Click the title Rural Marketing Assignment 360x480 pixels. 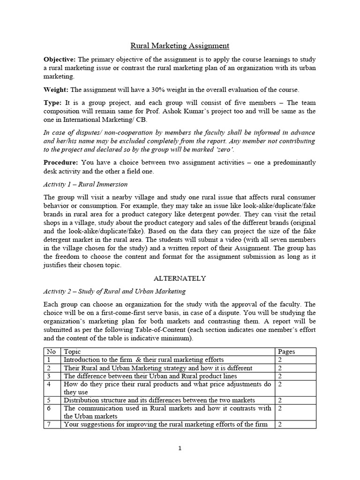click(180, 45)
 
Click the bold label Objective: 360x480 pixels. click(60, 60)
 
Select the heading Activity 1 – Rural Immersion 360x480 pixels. click(85, 184)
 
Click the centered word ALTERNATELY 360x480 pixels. click(180, 278)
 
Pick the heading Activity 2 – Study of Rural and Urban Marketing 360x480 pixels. click(114, 292)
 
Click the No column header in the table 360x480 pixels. click(51, 352)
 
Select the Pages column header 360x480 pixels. click(286, 352)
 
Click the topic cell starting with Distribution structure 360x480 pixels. click(159, 400)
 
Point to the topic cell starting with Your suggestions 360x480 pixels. click(165, 424)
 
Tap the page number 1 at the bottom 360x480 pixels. click(180, 448)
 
